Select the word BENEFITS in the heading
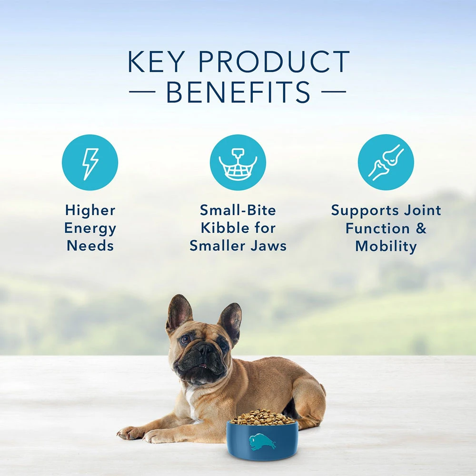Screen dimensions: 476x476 (238, 93)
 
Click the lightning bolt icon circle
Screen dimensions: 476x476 (90, 162)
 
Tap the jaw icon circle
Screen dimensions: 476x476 (238, 162)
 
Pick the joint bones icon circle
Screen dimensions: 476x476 (386, 162)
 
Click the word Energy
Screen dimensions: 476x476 (90, 228)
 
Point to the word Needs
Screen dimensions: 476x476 (90, 246)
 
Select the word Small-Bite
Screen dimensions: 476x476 (238, 210)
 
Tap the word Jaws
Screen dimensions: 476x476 (269, 246)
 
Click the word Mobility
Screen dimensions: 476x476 (386, 246)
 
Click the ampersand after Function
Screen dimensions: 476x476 (421, 228)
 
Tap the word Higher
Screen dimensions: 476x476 (90, 210)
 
